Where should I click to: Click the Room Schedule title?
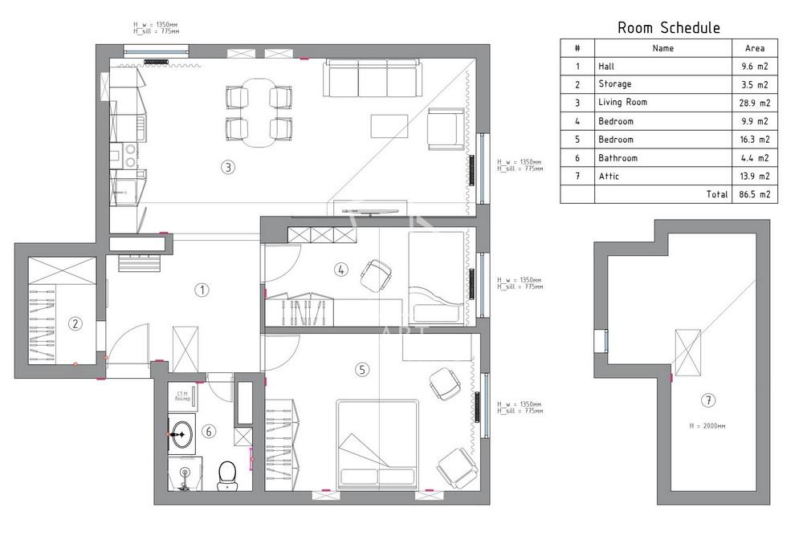pos(668,28)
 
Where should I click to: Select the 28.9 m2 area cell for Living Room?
pos(755,103)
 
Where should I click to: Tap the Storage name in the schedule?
pos(615,84)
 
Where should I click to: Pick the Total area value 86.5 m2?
pos(755,194)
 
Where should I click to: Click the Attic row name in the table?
pos(609,177)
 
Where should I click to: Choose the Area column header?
pos(755,48)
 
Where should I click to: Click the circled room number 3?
pos(229,168)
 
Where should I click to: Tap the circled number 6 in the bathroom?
pos(209,432)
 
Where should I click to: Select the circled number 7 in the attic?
pos(707,400)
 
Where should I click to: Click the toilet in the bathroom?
pos(227,473)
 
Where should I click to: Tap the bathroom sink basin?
pos(181,433)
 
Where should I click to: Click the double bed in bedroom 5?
pos(377,445)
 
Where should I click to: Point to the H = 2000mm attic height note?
pos(707,426)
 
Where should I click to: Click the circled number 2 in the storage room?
pos(75,324)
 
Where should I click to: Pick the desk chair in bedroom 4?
pos(375,275)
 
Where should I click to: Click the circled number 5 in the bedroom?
pos(362,369)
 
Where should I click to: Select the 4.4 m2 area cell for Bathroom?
pos(755,158)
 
